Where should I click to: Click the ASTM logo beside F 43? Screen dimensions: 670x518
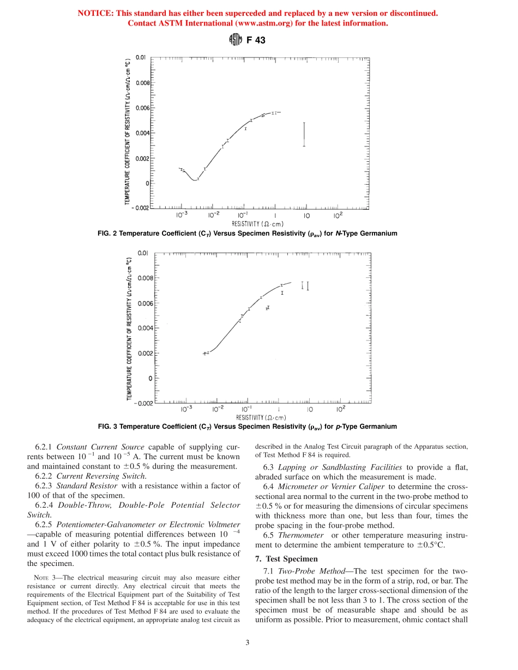pos(234,40)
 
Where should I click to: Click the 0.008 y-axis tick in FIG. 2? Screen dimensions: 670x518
pos(142,83)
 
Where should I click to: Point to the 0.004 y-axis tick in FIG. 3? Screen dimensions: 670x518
pos(144,328)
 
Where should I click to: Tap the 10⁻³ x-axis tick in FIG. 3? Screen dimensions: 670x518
pos(186,409)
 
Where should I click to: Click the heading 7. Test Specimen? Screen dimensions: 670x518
pos(286,559)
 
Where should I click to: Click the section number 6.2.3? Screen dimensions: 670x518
pos(44,485)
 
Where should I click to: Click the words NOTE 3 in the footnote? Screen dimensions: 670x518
pos(45,577)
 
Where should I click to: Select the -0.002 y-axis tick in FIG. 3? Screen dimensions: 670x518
pos(143,403)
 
